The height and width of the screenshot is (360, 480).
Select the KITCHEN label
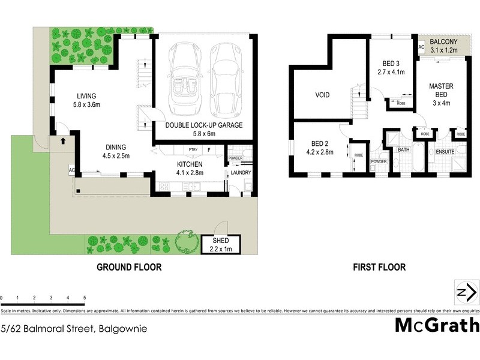point(190,164)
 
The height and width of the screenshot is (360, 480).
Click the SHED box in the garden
point(220,244)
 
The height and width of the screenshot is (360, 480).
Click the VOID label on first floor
point(322,95)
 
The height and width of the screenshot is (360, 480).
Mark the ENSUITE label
point(445,151)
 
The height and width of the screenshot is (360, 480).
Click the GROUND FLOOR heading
point(129,267)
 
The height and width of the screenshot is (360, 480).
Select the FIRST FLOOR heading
point(380,267)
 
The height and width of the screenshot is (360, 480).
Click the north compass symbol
point(466,293)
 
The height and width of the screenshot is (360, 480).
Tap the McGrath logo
point(437,325)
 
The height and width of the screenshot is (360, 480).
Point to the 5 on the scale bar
point(85,298)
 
